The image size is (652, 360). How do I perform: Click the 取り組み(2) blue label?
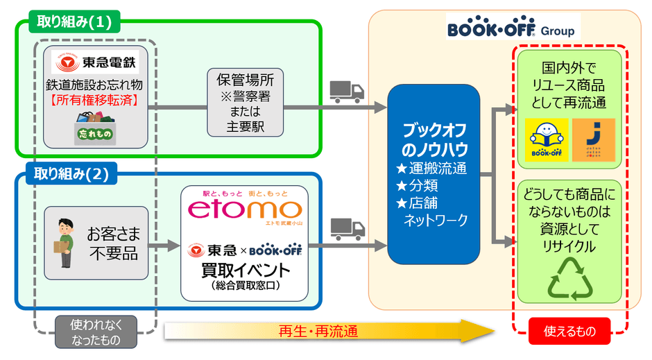[x=71, y=174]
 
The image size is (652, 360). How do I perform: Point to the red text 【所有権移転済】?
[x=96, y=101]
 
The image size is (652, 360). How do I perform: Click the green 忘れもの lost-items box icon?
[x=96, y=130]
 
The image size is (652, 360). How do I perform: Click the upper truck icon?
[x=347, y=90]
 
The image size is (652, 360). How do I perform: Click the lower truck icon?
[x=347, y=227]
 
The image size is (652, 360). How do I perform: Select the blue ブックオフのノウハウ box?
[x=434, y=174]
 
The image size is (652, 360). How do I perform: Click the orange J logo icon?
[x=593, y=141]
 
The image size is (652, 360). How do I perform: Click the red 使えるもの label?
[x=568, y=331]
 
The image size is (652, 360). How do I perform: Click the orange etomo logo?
[x=246, y=209]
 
